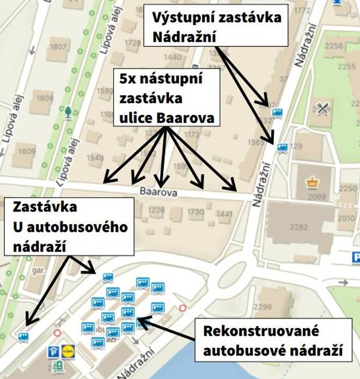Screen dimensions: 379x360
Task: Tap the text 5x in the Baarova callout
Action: [x=126, y=80]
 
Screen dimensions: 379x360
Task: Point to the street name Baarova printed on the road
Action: [x=154, y=191]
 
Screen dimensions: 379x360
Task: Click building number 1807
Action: [x=59, y=47]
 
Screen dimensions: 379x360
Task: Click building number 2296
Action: [x=262, y=307]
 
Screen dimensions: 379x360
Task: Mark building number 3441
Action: [x=224, y=213]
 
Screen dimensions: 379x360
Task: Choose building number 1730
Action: [x=196, y=213]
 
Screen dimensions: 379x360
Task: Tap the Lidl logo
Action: [x=68, y=352]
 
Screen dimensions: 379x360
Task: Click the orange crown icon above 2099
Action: [x=311, y=183]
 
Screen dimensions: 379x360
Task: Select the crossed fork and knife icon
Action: [x=322, y=108]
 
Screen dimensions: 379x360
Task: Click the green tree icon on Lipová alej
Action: [x=68, y=112]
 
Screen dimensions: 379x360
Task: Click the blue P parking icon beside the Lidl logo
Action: [x=54, y=352]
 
